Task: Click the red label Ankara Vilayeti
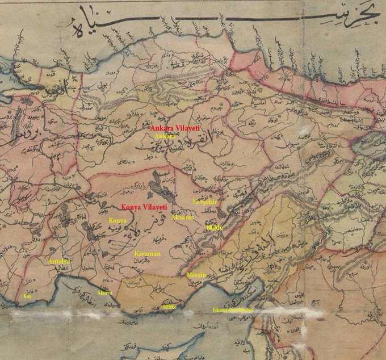(x=177, y=129)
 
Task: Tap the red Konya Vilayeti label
(x=144, y=207)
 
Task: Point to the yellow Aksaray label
(x=182, y=218)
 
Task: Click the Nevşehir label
(x=205, y=202)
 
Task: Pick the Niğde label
(x=215, y=227)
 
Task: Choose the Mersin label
(x=196, y=275)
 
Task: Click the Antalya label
(x=60, y=261)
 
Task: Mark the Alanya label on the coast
(x=104, y=293)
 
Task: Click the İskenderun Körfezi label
(x=232, y=310)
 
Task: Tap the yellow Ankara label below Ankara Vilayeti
(x=165, y=137)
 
